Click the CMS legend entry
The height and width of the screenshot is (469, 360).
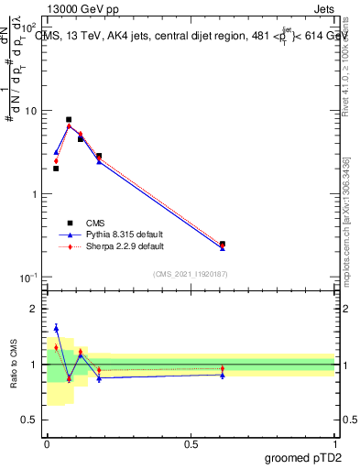(95, 223)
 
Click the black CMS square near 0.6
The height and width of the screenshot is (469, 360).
(223, 245)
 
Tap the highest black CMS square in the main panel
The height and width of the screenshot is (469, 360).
(69, 120)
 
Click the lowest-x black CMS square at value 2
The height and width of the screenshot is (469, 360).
(56, 169)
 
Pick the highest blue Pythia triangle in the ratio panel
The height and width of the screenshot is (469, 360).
(56, 328)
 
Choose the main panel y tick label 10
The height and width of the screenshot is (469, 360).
(31, 111)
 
